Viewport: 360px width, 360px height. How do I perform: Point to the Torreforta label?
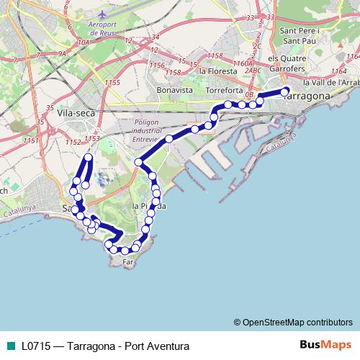pos(225,91)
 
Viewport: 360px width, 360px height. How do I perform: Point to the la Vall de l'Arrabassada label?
pos(332,83)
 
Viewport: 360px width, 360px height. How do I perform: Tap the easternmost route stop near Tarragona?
pos(286,91)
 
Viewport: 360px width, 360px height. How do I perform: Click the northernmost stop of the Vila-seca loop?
pos(89,157)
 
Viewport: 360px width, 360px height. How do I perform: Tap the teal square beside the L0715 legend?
pos(9,346)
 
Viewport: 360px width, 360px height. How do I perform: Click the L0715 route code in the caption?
pos(36,346)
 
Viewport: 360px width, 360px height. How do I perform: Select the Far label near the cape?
pos(129,262)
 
